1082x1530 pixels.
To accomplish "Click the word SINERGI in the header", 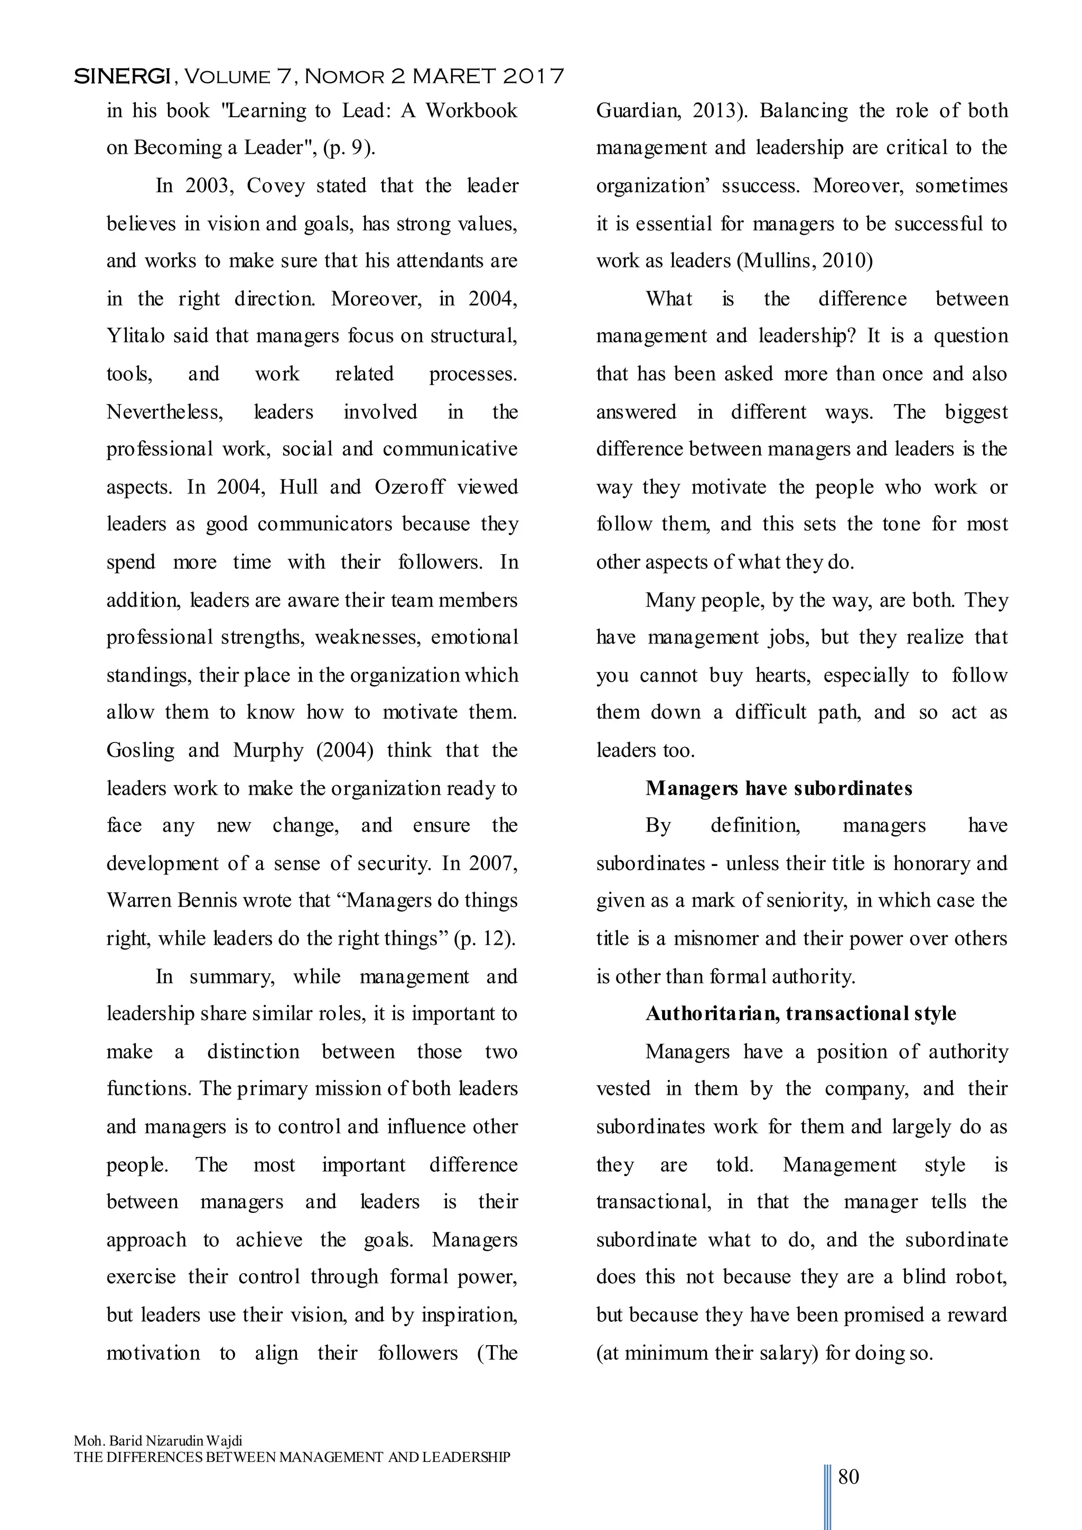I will click(122, 77).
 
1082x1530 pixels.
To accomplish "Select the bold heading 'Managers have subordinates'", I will click(778, 788).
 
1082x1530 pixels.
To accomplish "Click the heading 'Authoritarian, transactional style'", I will click(800, 1013).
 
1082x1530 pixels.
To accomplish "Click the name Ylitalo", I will click(135, 336).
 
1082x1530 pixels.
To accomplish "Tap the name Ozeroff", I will click(409, 487).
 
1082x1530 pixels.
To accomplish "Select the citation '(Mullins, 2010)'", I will click(805, 260).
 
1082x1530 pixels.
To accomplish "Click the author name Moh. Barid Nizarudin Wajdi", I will click(158, 1441).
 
